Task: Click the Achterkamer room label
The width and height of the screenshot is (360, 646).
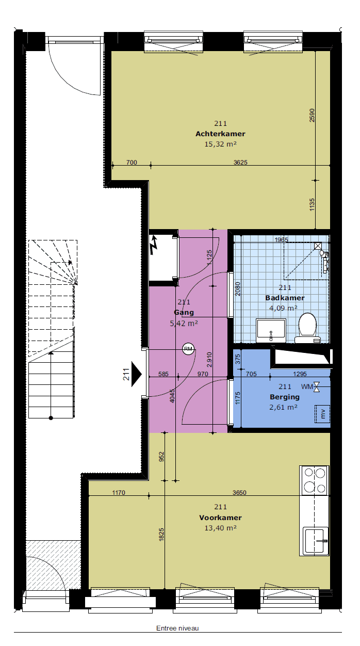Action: pyautogui.click(x=220, y=134)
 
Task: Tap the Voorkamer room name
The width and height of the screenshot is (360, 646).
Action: pyautogui.click(x=220, y=518)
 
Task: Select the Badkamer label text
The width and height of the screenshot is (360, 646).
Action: pyautogui.click(x=285, y=298)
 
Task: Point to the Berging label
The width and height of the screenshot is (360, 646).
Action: pyautogui.click(x=285, y=397)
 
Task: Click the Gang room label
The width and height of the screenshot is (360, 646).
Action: pyautogui.click(x=184, y=313)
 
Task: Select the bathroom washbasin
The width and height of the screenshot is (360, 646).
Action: pyautogui.click(x=271, y=331)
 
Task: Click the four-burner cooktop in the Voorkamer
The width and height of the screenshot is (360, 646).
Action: pyautogui.click(x=315, y=480)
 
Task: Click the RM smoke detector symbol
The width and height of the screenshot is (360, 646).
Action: pyautogui.click(x=188, y=349)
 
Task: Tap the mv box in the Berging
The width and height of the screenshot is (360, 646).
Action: pyautogui.click(x=322, y=414)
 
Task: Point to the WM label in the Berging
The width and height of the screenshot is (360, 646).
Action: pyautogui.click(x=307, y=387)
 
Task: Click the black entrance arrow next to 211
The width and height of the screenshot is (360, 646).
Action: pyautogui.click(x=136, y=374)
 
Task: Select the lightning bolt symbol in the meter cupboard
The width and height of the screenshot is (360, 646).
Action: pyautogui.click(x=154, y=245)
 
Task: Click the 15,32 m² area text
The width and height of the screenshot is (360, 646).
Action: pyautogui.click(x=221, y=144)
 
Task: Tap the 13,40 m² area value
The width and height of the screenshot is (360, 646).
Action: pyautogui.click(x=221, y=528)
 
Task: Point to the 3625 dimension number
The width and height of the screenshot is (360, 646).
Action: pyautogui.click(x=240, y=163)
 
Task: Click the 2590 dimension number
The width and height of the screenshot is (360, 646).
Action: pyautogui.click(x=312, y=116)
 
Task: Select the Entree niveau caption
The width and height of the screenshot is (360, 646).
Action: pyautogui.click(x=177, y=628)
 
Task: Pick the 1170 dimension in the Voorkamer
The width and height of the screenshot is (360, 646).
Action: pyautogui.click(x=119, y=493)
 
